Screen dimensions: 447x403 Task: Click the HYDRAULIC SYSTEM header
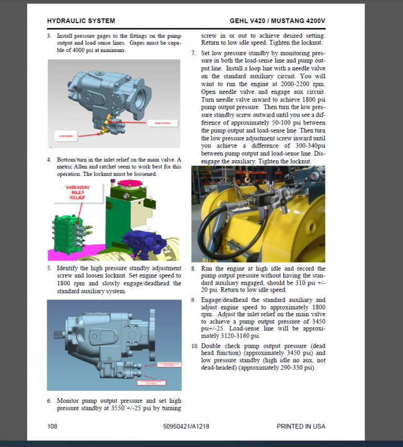point(81,21)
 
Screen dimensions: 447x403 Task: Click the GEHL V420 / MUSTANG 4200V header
point(277,21)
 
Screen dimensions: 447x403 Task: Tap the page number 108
point(52,426)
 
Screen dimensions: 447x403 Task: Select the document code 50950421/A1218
point(186,426)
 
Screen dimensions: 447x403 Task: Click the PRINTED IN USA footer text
point(301,426)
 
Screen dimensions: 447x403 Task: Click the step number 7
point(194,53)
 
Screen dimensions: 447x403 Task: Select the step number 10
point(195,346)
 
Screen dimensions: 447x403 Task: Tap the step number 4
point(49,160)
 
